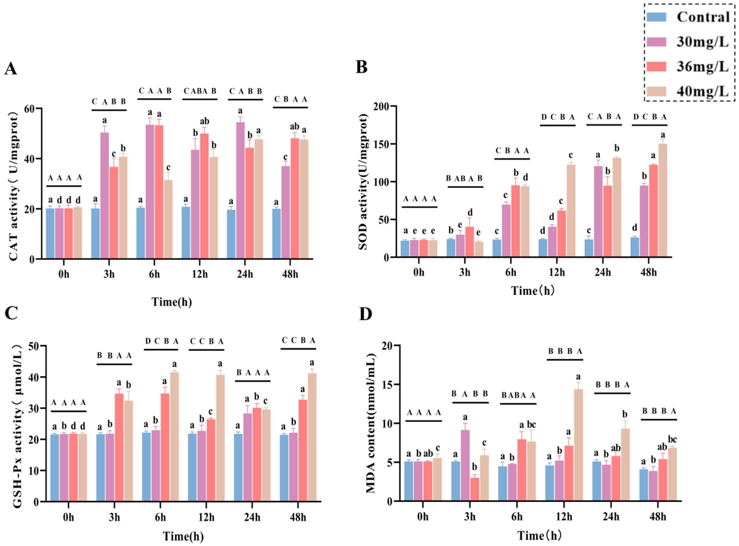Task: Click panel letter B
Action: [361, 67]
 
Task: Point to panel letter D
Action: [365, 314]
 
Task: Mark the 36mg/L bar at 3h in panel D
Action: [474, 490]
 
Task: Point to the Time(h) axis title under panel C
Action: [183, 536]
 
